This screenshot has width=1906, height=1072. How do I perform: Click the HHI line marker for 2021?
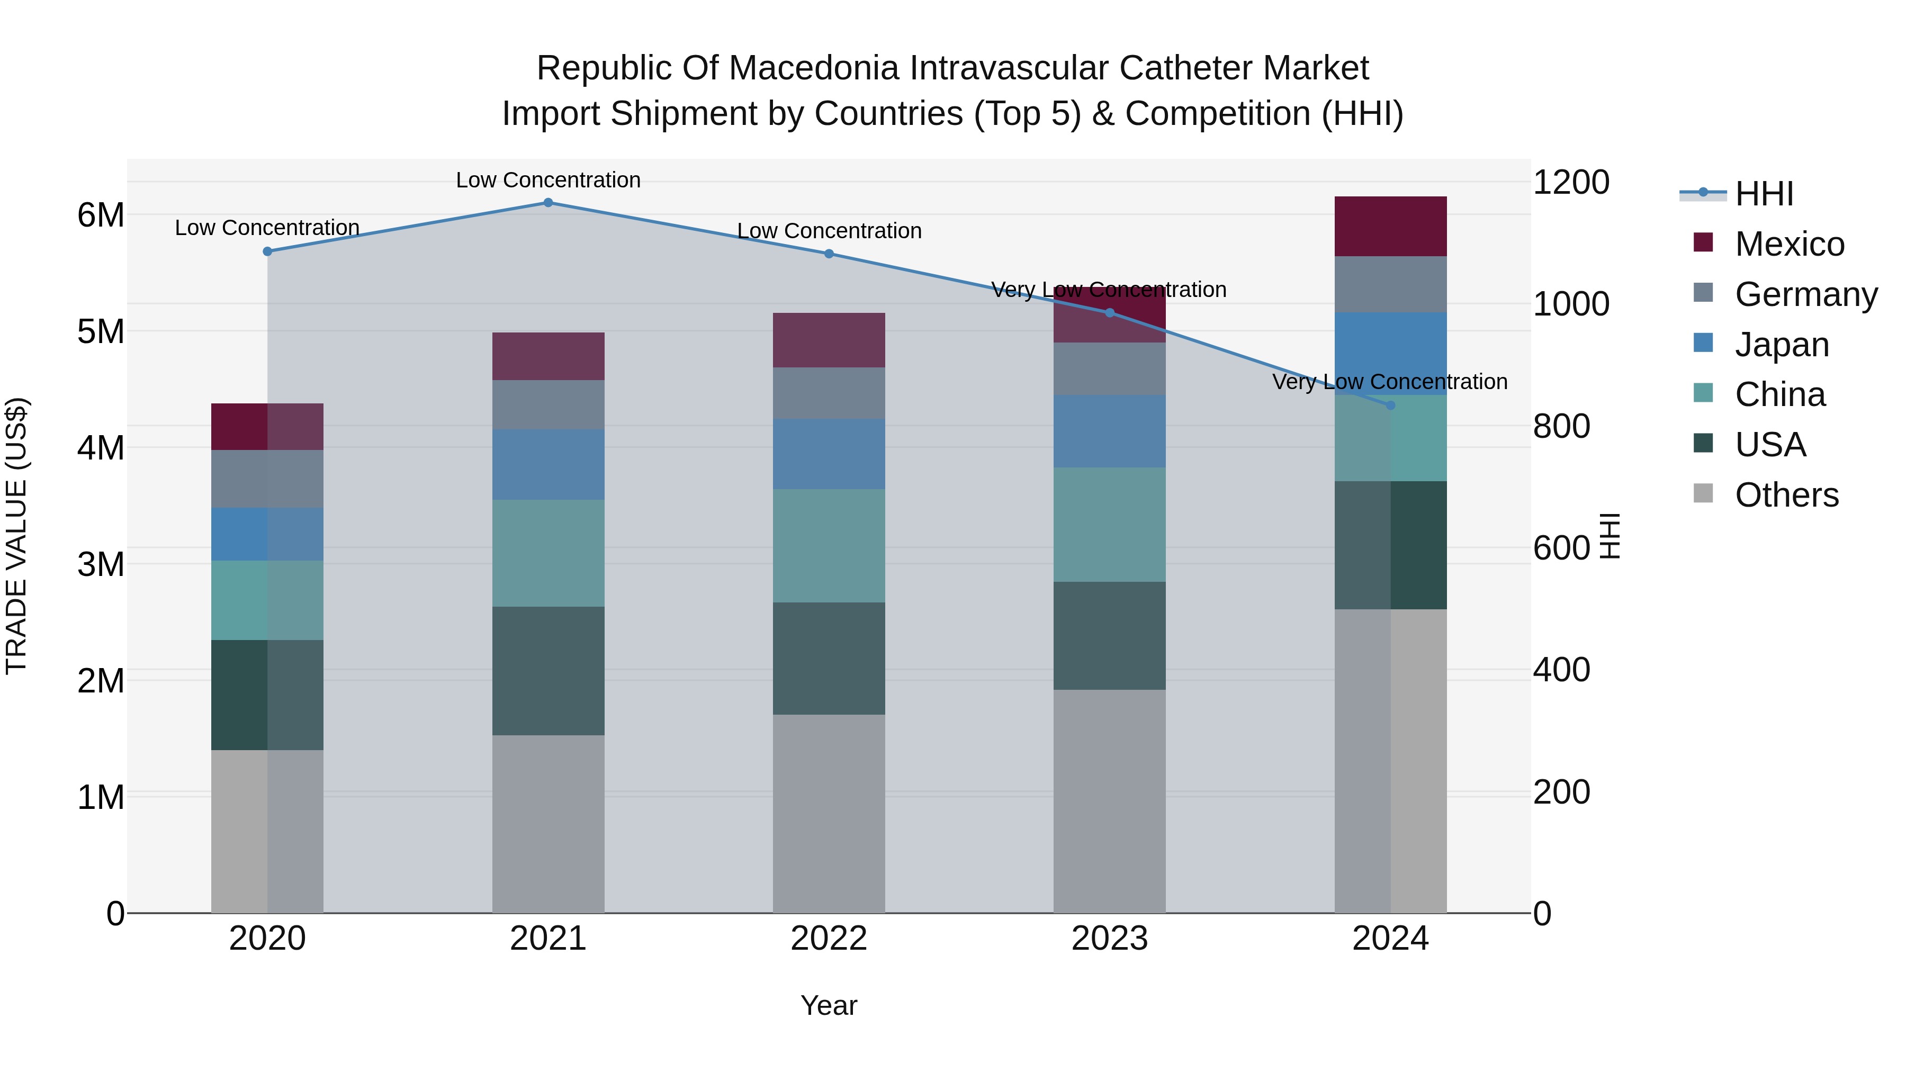549,203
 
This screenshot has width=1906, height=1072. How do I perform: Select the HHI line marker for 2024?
1390,406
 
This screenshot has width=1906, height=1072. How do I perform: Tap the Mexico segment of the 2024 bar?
1390,227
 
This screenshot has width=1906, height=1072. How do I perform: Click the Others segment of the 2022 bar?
829,813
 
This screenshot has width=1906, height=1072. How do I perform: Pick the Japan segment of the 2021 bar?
549,465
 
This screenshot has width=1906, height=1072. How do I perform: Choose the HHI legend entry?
1764,194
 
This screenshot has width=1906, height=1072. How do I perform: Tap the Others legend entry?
1786,495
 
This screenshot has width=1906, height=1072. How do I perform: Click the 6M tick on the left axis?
101,215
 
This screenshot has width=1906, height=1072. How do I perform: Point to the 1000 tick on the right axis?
1570,304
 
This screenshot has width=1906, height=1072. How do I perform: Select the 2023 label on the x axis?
1109,939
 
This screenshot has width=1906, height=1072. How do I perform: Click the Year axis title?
829,1005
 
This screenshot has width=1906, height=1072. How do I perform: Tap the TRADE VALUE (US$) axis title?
16,536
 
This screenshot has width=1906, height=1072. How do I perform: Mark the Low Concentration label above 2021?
549,180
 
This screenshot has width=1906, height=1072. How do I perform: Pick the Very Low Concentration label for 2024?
1390,382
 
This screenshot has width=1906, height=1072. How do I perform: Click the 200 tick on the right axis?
1561,791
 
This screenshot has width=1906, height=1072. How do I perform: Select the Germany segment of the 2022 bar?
829,393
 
